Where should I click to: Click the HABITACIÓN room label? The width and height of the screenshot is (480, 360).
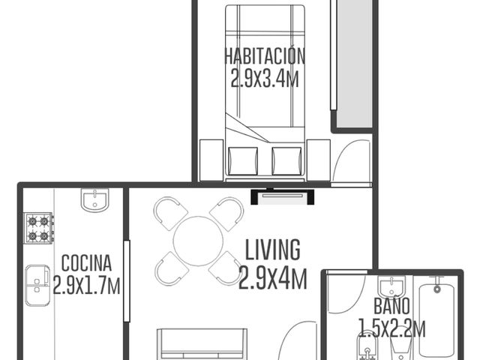[x=265, y=56]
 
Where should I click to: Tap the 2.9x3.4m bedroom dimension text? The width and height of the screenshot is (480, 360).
[x=265, y=78]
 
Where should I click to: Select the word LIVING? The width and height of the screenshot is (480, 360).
[x=273, y=250]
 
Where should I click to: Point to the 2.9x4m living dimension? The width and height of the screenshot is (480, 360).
[x=273, y=278]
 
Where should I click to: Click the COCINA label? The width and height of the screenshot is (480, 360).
[x=86, y=263]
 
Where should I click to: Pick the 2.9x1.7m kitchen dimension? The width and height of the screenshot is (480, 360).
[x=86, y=285]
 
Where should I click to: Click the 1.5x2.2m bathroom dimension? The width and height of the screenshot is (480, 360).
[x=391, y=328]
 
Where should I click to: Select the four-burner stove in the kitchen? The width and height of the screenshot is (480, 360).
[x=38, y=228]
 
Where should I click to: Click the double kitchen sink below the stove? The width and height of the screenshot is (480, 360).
[x=37, y=285]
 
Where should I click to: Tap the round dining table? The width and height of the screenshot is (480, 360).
[x=198, y=241]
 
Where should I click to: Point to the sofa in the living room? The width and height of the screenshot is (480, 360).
[x=202, y=344]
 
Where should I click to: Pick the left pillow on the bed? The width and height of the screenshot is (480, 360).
[x=243, y=161]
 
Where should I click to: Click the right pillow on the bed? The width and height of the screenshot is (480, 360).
[x=286, y=161]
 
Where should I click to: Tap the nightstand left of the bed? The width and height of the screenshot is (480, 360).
[x=211, y=160]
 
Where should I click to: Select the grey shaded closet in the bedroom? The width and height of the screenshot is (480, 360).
[x=354, y=64]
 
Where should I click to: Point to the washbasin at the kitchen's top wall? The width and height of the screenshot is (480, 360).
[x=95, y=200]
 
